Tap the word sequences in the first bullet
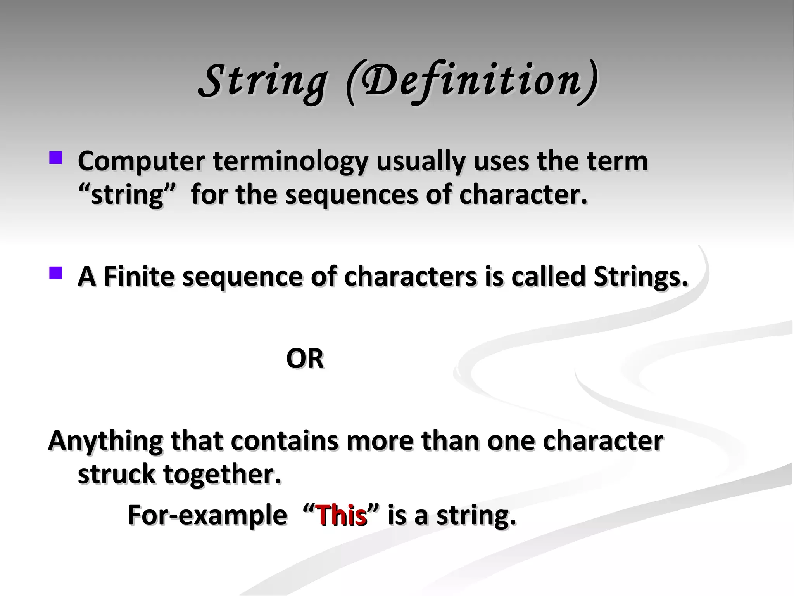point(351,195)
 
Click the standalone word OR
point(305,359)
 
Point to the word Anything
point(105,442)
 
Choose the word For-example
point(207,516)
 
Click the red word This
point(342,516)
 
